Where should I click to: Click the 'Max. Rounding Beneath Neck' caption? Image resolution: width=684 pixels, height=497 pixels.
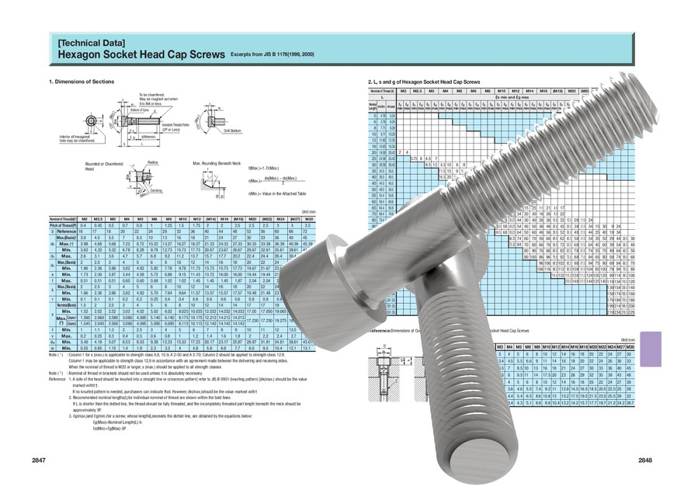(218, 165)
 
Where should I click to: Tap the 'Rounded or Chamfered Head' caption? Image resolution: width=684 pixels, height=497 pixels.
(104, 167)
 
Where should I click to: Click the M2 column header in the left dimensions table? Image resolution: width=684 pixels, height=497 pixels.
(85, 220)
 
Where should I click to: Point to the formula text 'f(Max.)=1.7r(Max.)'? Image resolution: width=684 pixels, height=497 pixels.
(265, 168)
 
